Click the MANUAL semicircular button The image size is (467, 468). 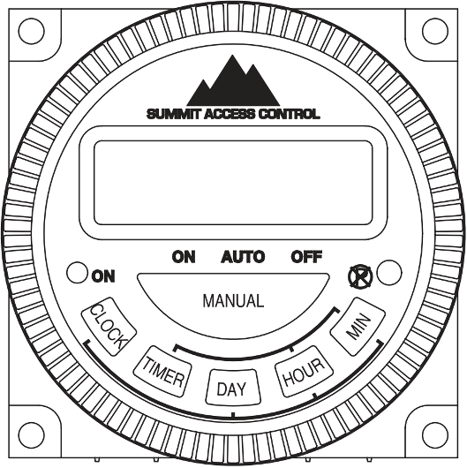point(233,301)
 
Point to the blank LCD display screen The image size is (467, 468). point(234,184)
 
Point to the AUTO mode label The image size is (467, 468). point(242,257)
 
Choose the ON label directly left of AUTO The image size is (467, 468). point(184,257)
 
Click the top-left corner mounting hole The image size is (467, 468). point(31,30)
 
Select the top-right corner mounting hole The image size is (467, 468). point(434,30)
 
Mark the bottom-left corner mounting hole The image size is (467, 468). point(31,434)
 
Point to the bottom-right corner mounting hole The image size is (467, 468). point(434,434)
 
